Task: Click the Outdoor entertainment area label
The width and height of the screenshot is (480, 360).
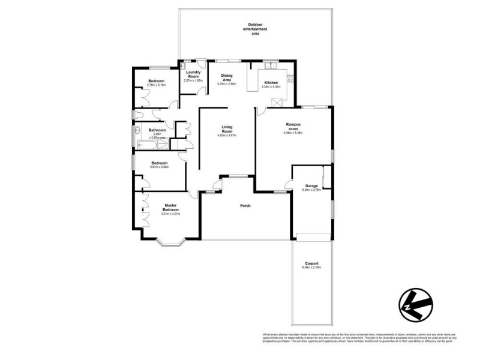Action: (255, 29)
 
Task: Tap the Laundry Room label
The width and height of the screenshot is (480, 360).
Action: (193, 75)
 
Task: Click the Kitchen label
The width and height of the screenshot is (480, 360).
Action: (271, 82)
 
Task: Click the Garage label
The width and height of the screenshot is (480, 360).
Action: (311, 186)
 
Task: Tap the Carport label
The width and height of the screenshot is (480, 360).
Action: (311, 263)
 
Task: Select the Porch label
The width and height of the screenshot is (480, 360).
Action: (244, 206)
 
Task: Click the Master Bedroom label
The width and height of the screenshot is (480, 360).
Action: (170, 207)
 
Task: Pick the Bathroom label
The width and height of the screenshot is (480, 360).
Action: (157, 130)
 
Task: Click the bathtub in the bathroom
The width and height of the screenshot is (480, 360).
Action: (147, 144)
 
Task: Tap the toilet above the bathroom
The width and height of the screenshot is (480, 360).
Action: (137, 113)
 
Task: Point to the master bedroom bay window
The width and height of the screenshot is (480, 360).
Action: (170, 242)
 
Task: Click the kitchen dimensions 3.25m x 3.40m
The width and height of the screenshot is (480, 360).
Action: (271, 87)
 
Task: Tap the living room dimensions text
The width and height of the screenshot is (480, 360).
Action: (227, 136)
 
